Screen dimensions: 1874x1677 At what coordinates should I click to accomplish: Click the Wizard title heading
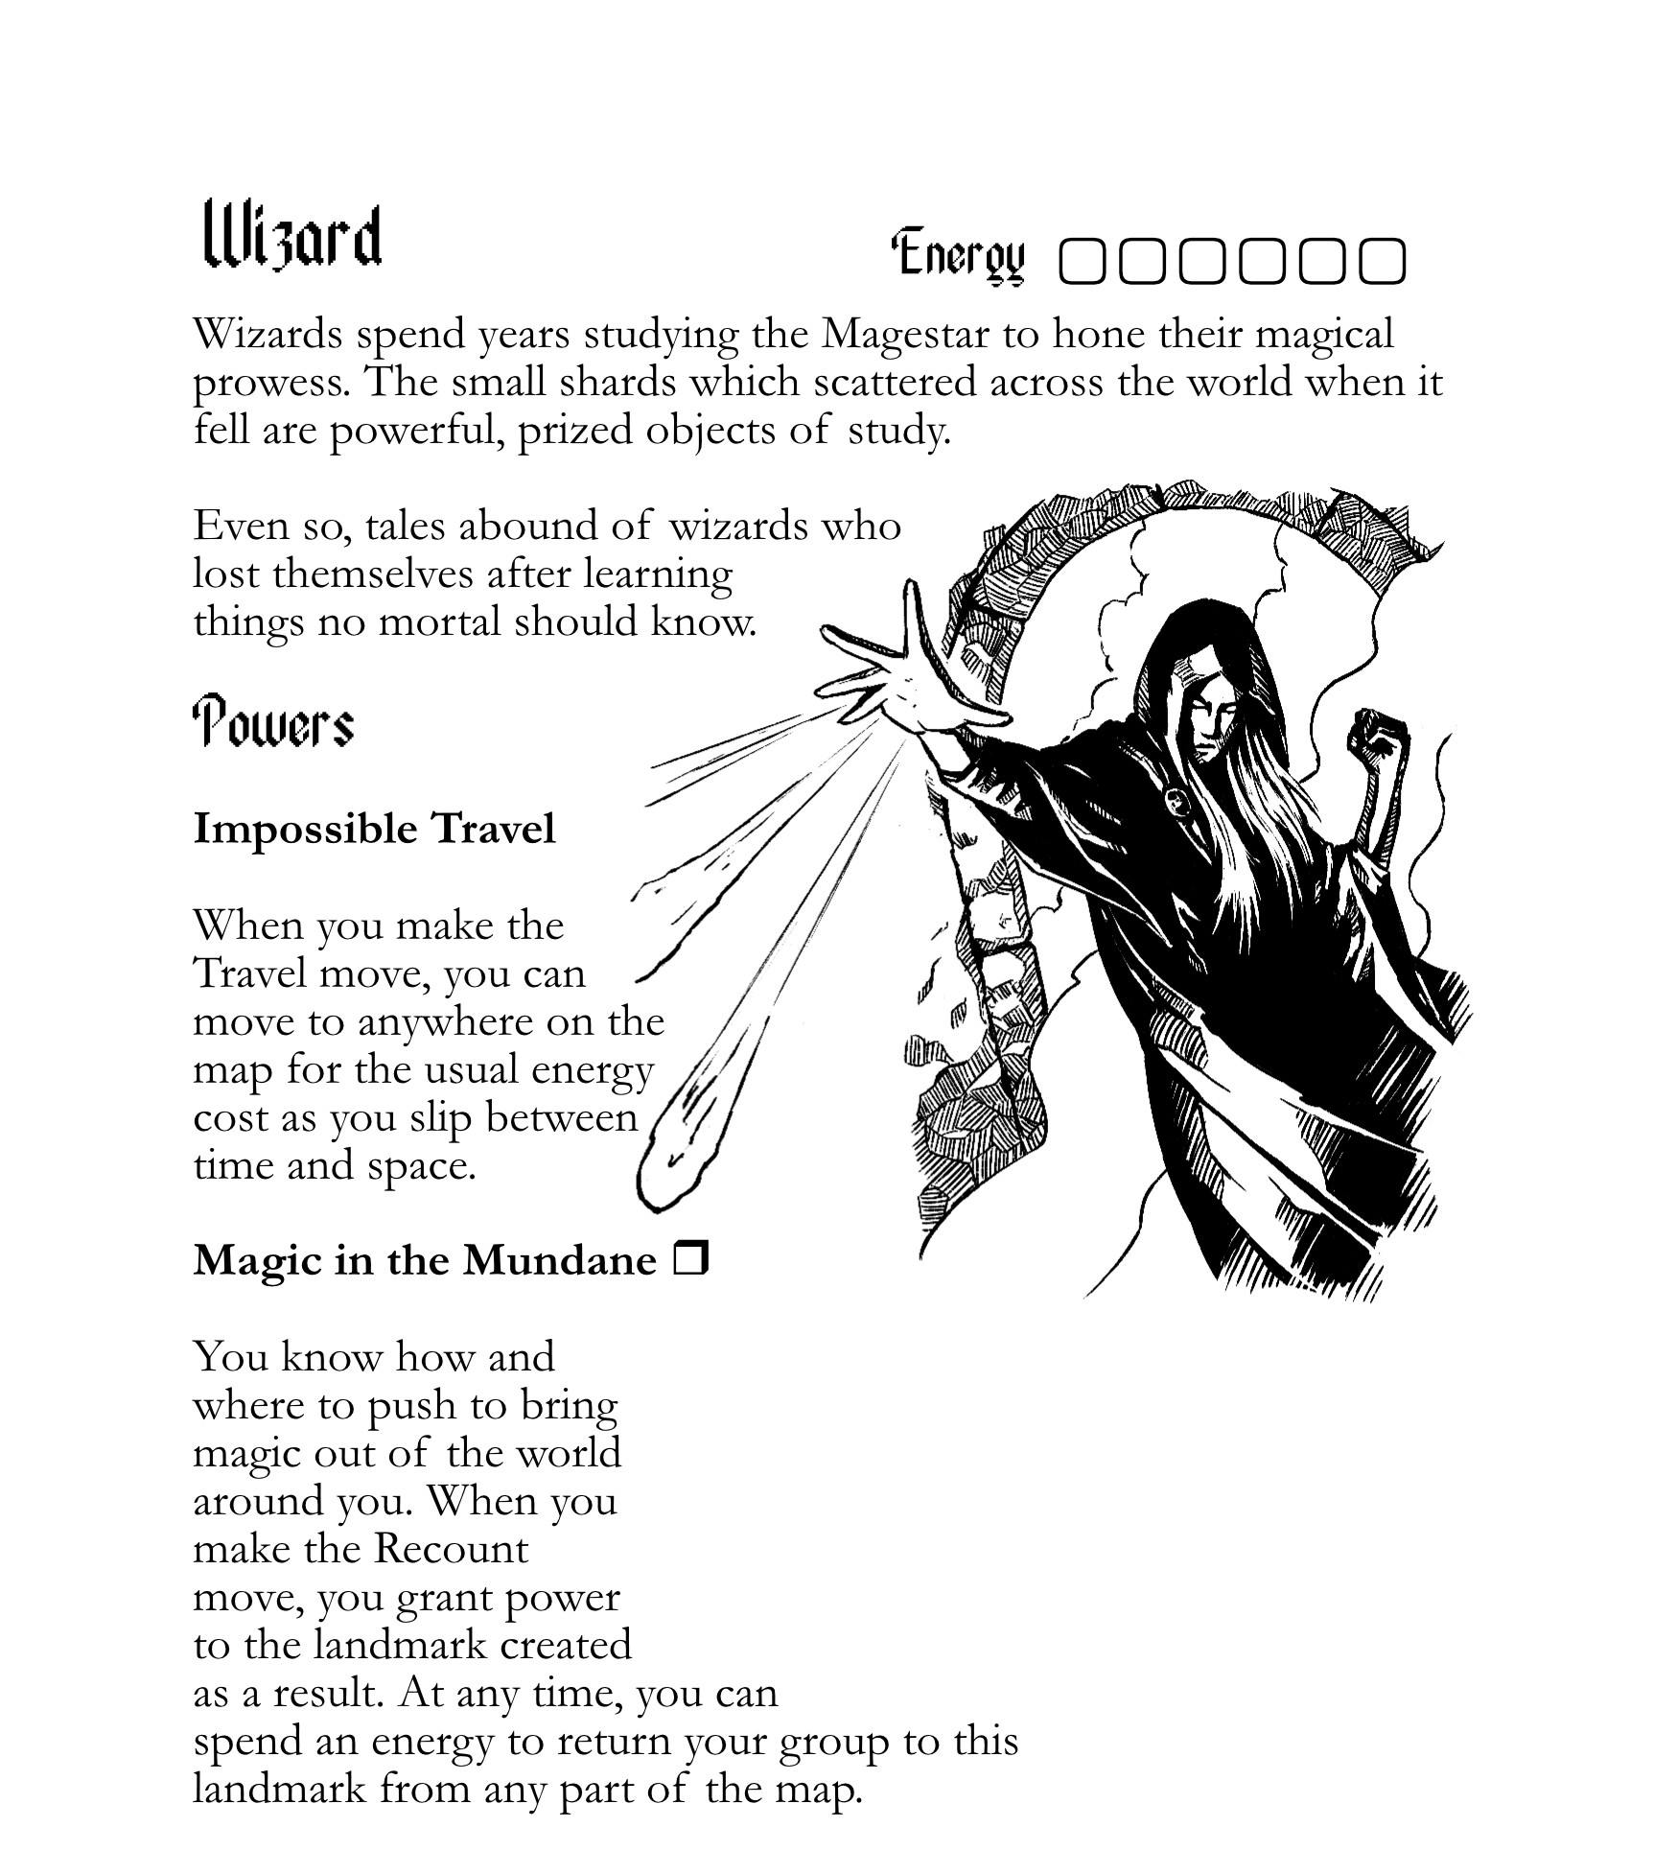[292, 236]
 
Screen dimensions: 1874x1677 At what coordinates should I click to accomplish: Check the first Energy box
[1083, 261]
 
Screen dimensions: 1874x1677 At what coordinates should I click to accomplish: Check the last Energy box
[1382, 261]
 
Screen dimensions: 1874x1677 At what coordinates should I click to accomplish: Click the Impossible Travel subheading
[374, 829]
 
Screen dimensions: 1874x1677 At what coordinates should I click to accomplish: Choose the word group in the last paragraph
[833, 1742]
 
